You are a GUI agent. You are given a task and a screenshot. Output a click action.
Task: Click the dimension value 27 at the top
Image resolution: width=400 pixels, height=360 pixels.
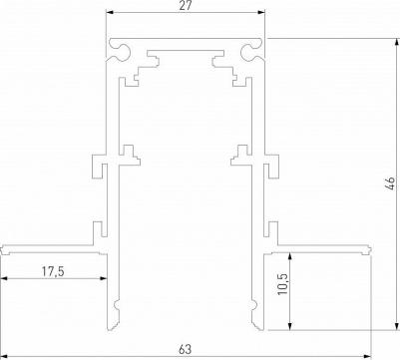point(186,6)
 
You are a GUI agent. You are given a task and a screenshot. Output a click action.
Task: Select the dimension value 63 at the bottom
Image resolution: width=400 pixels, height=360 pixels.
point(186,349)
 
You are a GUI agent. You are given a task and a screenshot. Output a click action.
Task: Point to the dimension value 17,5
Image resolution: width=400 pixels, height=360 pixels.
point(53,271)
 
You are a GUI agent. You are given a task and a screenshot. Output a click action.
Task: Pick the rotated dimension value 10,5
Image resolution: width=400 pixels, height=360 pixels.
point(283,283)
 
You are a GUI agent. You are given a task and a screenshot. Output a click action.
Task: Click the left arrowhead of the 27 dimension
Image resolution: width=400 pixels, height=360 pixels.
point(110,13)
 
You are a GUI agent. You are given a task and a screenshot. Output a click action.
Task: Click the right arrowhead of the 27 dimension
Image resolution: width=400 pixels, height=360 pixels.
point(261,13)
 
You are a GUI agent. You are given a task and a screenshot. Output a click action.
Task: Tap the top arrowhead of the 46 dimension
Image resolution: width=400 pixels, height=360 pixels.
point(397,43)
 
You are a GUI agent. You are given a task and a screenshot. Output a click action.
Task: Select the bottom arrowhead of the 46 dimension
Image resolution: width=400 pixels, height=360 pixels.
point(397,326)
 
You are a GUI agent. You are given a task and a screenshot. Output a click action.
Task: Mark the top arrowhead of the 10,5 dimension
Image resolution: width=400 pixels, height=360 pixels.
point(290,256)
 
